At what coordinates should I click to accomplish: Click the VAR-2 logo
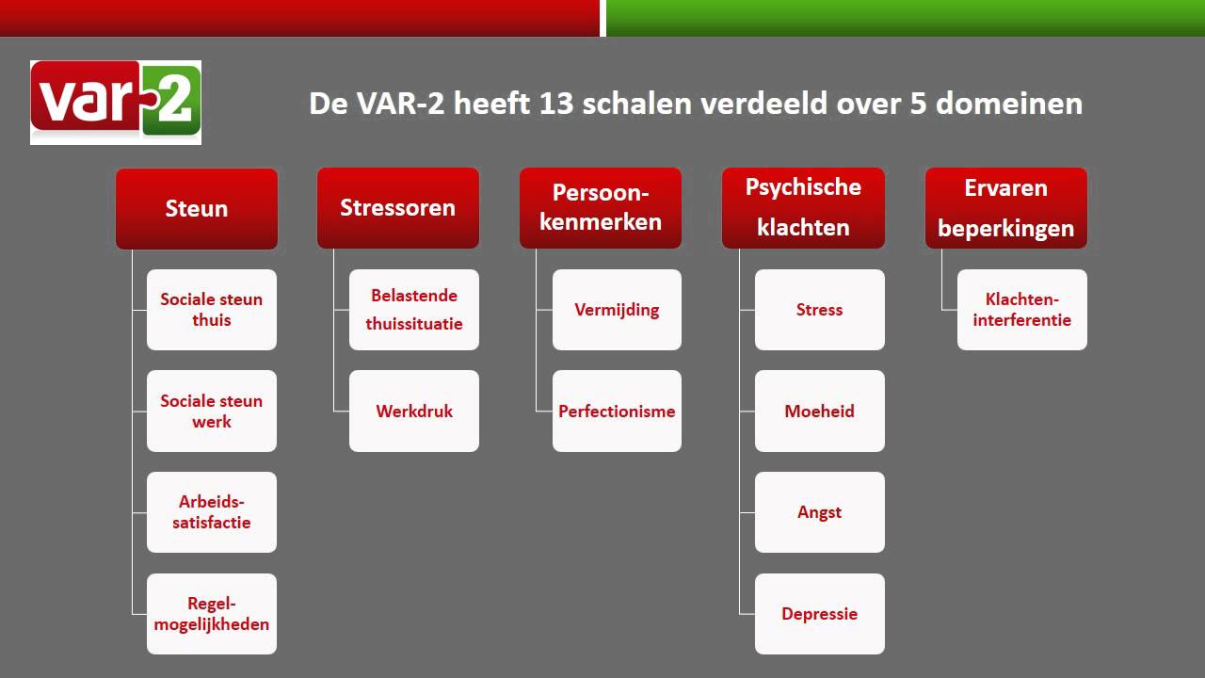[x=116, y=103]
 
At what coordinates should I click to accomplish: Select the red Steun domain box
[x=197, y=208]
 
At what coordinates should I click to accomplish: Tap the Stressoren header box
[x=398, y=208]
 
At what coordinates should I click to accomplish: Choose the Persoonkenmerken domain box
[x=601, y=208]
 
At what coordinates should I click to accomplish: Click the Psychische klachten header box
[x=803, y=208]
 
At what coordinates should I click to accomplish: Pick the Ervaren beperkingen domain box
[x=1006, y=208]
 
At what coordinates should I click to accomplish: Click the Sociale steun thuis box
[x=212, y=310]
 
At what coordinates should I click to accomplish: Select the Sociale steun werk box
[x=212, y=412]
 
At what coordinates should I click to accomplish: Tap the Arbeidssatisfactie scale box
[x=212, y=512]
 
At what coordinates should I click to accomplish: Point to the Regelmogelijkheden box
[x=212, y=614]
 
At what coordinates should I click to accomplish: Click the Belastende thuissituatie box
[x=414, y=310]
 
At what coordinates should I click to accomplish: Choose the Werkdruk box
[x=414, y=412]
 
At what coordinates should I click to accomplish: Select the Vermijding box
[x=617, y=310]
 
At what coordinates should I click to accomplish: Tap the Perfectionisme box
[x=617, y=412]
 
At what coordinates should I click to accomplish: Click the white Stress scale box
[x=820, y=310]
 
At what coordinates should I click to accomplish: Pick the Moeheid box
[x=820, y=412]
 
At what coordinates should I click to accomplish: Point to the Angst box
[x=820, y=512]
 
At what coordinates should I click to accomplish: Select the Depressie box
[x=820, y=614]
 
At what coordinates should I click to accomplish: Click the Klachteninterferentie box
[x=1022, y=310]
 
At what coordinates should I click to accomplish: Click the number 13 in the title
[x=555, y=103]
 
